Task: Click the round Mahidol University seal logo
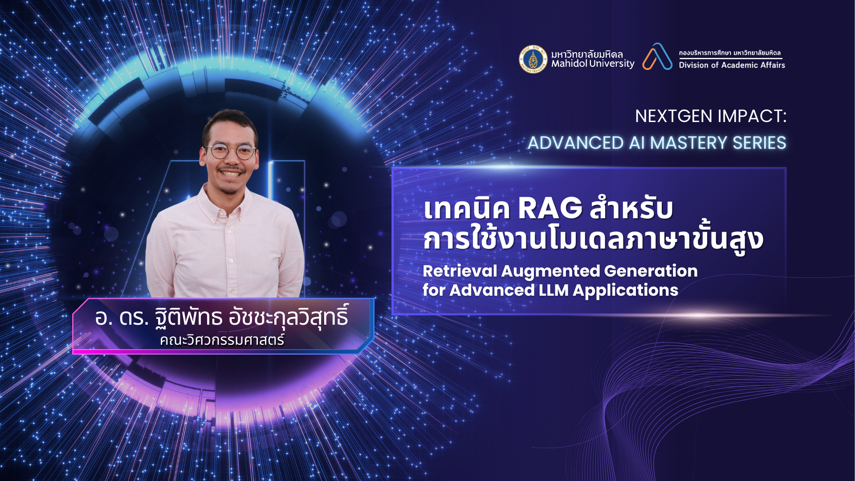point(533,59)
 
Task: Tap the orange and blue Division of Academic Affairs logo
point(657,57)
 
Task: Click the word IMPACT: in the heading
point(752,116)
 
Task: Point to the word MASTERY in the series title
point(689,143)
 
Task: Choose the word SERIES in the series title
point(759,143)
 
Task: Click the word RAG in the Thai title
point(550,208)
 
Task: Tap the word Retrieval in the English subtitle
point(460,271)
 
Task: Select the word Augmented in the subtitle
point(551,271)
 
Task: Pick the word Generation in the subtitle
point(651,271)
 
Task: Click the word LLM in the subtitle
point(554,290)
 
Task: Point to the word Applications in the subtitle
point(625,291)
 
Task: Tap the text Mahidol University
point(593,64)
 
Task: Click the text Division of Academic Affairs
point(732,65)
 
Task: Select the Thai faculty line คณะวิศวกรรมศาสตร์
point(222,340)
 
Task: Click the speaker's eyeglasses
point(230,151)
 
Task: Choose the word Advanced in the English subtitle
point(492,290)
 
